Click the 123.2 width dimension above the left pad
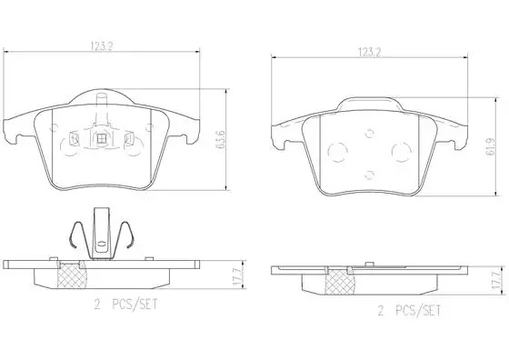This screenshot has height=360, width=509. tap(101, 46)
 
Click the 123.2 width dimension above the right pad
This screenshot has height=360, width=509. tap(369, 53)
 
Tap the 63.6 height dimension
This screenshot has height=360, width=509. tap(221, 140)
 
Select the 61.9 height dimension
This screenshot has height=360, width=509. tap(491, 146)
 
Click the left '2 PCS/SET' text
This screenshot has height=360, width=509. tap(125, 305)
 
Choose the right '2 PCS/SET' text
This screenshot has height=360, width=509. tap(409, 311)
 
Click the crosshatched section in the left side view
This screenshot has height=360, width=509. tap(72, 275)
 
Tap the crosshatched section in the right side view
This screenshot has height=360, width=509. tap(340, 281)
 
